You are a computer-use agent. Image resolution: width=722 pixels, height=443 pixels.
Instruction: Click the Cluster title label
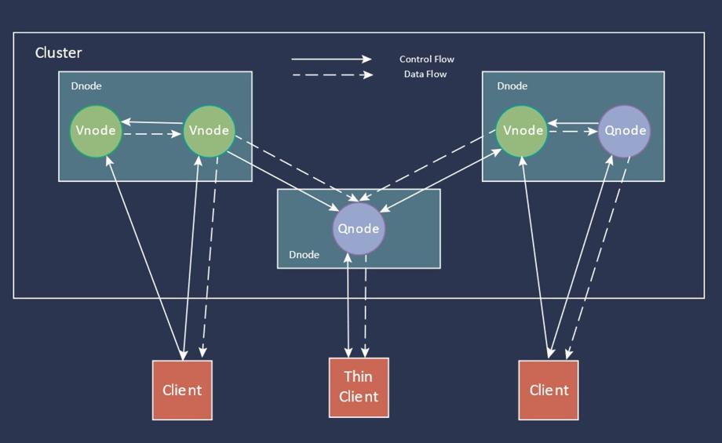tap(59, 53)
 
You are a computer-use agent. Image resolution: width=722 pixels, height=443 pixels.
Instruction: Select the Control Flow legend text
tap(426, 60)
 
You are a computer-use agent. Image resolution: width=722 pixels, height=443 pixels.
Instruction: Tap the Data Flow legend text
tap(425, 74)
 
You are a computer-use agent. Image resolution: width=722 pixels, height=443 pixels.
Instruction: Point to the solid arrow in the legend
tap(331, 59)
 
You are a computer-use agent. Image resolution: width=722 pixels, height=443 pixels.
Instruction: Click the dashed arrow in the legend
tap(331, 75)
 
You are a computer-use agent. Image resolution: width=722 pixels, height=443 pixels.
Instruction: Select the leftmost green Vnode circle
tap(96, 130)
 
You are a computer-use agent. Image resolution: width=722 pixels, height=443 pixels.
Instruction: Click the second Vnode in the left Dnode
tap(209, 130)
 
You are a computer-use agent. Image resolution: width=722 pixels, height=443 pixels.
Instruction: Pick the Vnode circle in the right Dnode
tap(522, 130)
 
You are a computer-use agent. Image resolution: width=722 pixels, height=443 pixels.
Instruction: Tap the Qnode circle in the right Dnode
tap(625, 130)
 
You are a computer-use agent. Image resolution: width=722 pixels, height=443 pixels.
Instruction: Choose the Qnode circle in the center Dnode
tap(359, 229)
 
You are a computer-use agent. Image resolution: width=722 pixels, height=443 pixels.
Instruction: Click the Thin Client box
tap(359, 387)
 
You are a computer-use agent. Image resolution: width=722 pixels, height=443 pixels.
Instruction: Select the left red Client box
tap(182, 390)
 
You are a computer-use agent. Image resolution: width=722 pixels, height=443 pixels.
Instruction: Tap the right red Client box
tap(549, 390)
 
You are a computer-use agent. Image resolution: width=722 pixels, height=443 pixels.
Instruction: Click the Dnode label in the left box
tap(86, 86)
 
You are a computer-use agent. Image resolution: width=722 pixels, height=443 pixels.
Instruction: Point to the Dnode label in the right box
tap(512, 86)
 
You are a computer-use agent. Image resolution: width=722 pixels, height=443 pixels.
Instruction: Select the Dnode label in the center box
tap(304, 255)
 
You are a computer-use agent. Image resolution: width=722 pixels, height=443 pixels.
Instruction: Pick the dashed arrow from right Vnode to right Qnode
tap(573, 132)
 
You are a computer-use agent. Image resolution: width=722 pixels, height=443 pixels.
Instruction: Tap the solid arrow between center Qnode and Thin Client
tap(348, 306)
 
